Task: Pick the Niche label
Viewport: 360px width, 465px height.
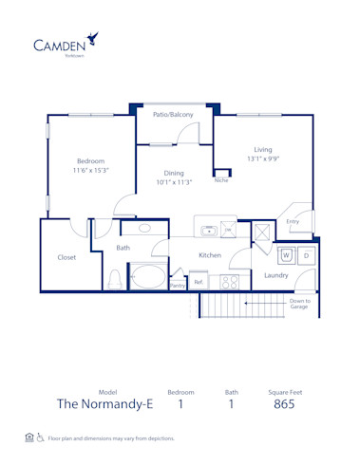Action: coord(220,178)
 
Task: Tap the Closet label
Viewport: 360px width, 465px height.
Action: coord(66,256)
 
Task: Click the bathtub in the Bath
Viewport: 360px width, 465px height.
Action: coord(146,278)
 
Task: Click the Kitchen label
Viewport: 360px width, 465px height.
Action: coord(210,255)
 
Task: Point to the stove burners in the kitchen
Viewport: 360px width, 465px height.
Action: coord(229,281)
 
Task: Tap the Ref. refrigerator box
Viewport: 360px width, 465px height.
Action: coord(199,281)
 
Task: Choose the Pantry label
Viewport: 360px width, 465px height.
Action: coord(177,284)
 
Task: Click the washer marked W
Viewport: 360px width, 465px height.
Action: coord(286,255)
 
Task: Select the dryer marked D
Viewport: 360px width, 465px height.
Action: coord(306,255)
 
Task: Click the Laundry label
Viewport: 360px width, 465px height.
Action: coord(276,275)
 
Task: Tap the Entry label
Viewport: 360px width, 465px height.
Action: coord(292,222)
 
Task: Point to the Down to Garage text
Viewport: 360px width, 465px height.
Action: coord(300,305)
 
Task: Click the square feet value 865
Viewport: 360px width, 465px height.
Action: coord(283,403)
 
